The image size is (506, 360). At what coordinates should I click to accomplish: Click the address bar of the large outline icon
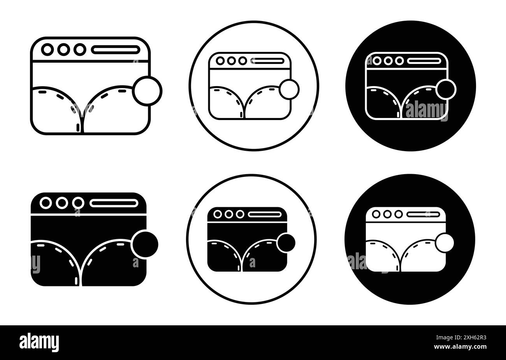[116, 50]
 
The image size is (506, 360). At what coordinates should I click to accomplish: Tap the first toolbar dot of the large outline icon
[47, 49]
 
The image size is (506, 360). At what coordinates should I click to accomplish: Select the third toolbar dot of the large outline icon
[80, 49]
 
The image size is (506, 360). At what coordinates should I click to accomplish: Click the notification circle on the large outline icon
[147, 91]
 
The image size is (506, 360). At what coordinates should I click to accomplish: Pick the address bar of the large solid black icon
[114, 203]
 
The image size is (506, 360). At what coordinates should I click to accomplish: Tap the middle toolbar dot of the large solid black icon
[62, 203]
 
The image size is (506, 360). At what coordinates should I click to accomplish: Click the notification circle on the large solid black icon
[145, 244]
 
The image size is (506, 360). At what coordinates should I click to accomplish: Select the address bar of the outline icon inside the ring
[267, 61]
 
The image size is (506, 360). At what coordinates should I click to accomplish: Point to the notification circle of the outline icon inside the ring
[289, 89]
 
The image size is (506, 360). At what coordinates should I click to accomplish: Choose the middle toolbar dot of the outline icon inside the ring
[231, 61]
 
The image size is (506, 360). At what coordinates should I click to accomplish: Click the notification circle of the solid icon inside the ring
[286, 243]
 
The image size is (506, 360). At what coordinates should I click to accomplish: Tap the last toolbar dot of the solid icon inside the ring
[240, 214]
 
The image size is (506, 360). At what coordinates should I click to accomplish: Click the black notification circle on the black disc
[446, 89]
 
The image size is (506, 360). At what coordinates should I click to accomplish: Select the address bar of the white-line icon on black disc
[424, 61]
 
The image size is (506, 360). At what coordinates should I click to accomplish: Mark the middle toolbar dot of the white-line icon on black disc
[388, 61]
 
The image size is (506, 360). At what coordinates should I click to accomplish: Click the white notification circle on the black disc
[445, 243]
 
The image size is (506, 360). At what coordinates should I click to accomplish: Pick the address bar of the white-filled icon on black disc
[423, 214]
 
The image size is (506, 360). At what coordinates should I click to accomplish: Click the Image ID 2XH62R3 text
[461, 338]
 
